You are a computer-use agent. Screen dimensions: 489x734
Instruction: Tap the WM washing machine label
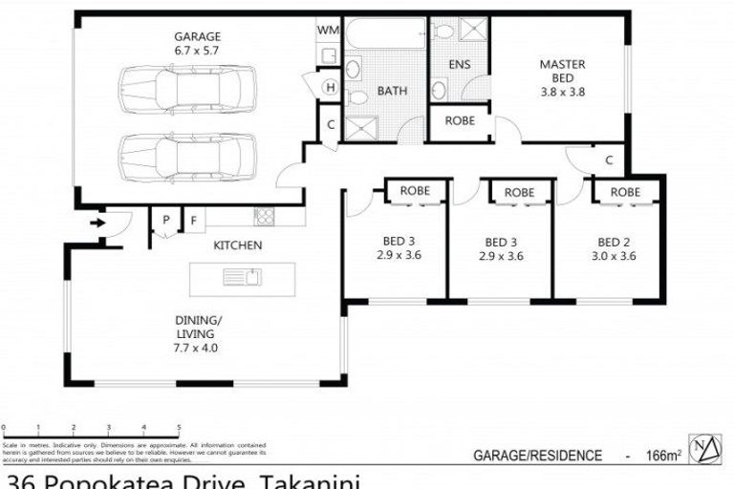pos(328,31)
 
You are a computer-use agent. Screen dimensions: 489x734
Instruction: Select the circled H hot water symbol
pos(330,89)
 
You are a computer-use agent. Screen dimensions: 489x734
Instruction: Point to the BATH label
pos(391,92)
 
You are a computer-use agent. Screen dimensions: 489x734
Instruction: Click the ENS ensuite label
pos(459,65)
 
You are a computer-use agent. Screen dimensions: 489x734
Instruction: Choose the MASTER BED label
pos(562,72)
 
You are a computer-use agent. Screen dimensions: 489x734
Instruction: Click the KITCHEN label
pos(237,245)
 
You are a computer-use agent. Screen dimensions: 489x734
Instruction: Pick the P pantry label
pos(165,221)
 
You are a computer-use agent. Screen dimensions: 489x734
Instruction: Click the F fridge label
pos(192,221)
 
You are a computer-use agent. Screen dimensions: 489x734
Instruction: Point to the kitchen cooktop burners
pos(264,216)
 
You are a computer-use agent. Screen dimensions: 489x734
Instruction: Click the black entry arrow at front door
pos(97,223)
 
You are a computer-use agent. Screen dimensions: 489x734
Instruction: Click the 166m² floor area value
pos(661,456)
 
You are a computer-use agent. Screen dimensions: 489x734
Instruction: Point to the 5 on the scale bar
pos(179,427)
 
